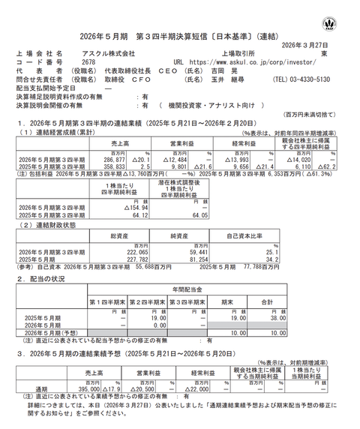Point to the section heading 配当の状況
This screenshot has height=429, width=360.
46,277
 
